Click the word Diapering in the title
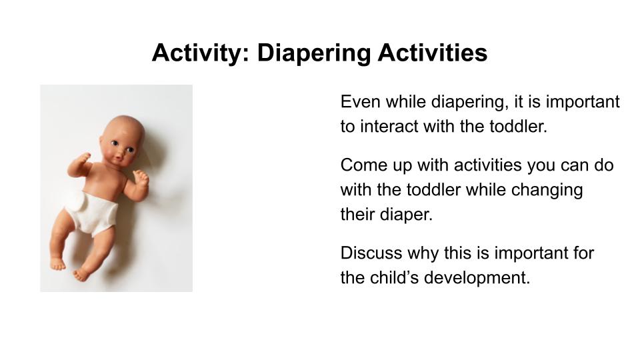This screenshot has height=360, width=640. (313, 53)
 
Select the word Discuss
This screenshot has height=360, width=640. (371, 253)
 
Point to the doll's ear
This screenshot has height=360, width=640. (102, 141)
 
